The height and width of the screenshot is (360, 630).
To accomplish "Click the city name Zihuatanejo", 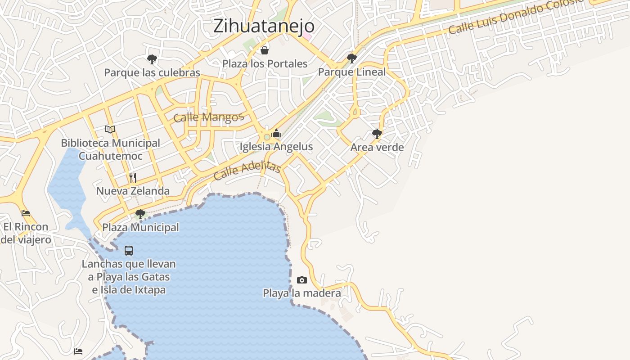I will pos(264,26).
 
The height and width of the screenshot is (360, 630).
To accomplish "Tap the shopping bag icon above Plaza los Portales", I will pos(265,50).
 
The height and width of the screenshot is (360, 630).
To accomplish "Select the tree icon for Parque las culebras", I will pos(152,58).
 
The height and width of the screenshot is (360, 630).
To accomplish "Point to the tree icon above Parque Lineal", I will pos(352,58).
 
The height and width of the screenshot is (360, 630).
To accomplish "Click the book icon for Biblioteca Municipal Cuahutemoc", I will pos(110,129).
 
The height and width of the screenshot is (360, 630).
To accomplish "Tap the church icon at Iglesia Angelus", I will pos(276,133).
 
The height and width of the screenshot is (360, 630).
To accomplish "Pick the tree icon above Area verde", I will pos(377,134).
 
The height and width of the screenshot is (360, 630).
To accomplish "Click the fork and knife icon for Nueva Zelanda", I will pos(133,177).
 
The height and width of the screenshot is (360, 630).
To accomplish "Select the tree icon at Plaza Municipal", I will pos(140,214).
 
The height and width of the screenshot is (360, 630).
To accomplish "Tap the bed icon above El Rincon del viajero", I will pos(26,213).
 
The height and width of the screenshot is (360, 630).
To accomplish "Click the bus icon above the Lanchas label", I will pos(129,250).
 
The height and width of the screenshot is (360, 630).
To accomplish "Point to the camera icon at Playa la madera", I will pos(302,280).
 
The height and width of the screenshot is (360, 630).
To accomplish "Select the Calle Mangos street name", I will pos(208,117).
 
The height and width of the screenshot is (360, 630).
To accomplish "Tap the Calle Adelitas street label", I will pos(247,171).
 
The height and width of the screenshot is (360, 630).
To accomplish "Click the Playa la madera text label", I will pos(302,293).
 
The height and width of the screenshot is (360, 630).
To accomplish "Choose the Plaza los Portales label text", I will pos(265,63).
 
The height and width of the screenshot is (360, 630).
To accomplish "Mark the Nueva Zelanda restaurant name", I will pos(133,191).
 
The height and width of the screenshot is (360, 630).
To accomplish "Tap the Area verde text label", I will pos(377,147).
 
